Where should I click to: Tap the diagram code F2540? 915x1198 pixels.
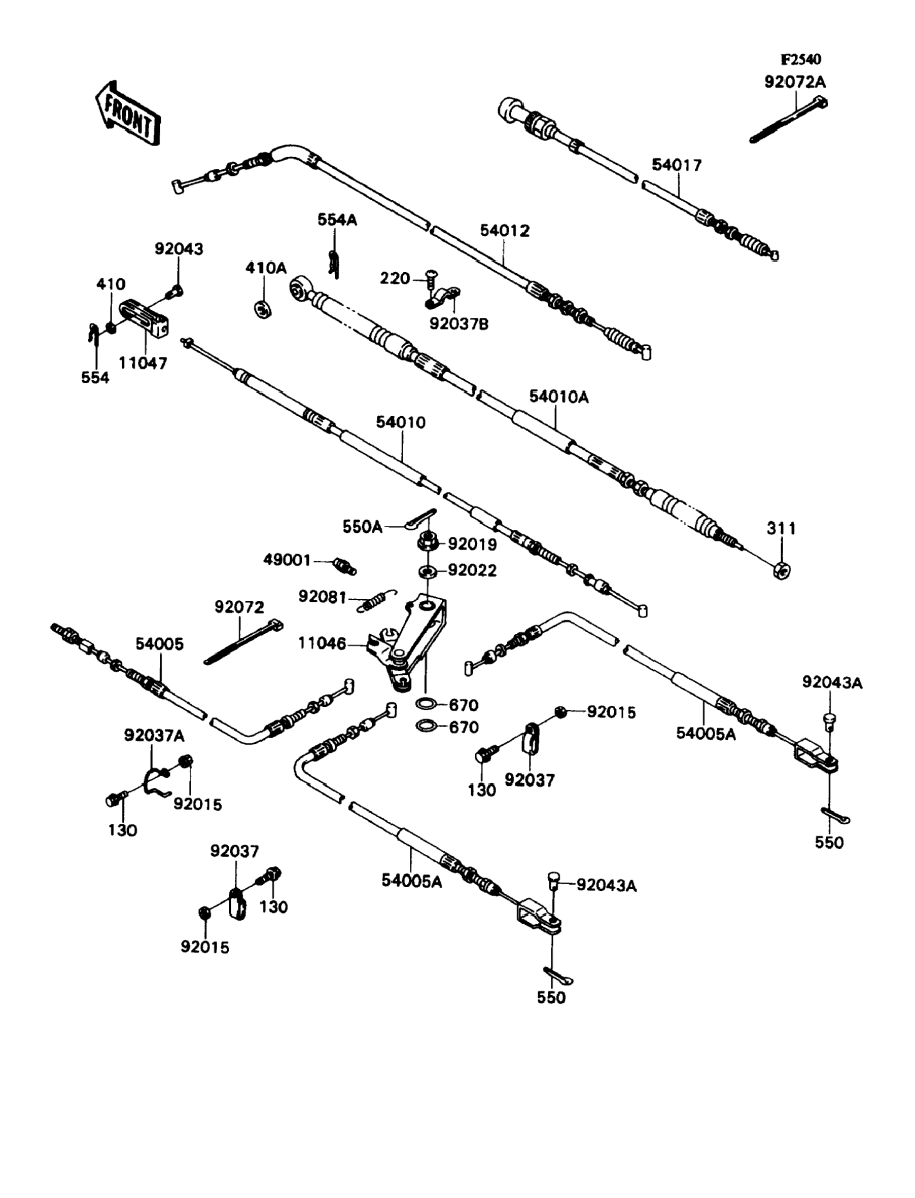(x=800, y=59)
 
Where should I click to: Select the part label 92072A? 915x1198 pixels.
(x=795, y=82)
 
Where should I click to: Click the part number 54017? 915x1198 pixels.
(x=677, y=165)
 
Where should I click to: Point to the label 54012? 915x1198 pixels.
(x=504, y=231)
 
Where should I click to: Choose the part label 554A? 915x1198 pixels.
(x=337, y=220)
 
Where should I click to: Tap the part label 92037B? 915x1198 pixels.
(x=459, y=324)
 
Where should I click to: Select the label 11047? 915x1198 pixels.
(x=143, y=362)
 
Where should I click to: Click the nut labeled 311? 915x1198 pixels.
(x=782, y=570)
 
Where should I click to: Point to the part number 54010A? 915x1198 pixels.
(x=559, y=397)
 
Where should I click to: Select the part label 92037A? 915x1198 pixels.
(x=154, y=736)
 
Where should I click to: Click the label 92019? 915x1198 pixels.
(x=472, y=544)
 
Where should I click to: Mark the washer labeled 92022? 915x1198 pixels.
(x=428, y=571)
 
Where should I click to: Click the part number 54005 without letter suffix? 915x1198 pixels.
(x=160, y=644)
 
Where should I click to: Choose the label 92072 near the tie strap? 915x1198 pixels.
(x=239, y=607)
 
